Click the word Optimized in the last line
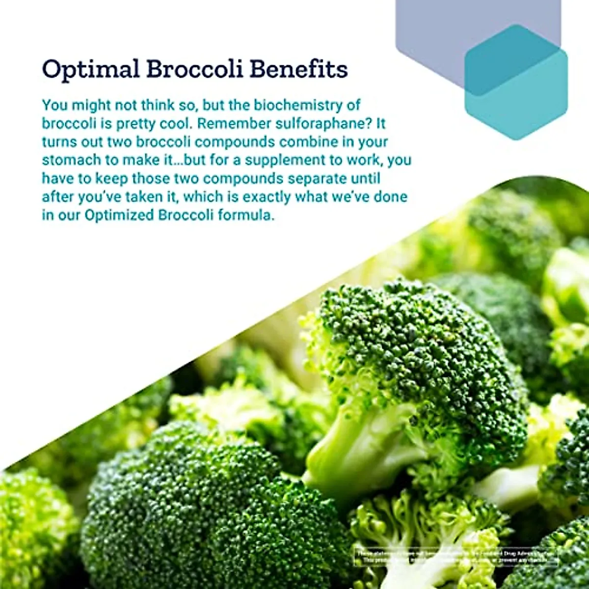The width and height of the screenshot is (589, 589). pos(120,215)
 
